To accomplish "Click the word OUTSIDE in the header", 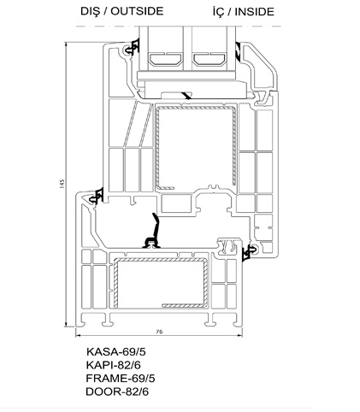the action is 137,11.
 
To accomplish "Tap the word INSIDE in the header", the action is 254,12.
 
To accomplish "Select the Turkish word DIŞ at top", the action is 90,11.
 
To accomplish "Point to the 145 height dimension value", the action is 62,184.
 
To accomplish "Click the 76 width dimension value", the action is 159,332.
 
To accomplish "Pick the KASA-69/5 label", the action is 116,351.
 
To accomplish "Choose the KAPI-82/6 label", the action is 114,365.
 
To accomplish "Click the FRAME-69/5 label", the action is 121,379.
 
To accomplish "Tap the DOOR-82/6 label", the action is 117,391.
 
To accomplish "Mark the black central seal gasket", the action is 153,233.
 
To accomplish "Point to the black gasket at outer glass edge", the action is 133,48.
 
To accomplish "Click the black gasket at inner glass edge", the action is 239,52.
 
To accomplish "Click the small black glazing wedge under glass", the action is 186,96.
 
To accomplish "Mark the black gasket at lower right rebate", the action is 249,252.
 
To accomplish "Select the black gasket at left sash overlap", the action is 97,196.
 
